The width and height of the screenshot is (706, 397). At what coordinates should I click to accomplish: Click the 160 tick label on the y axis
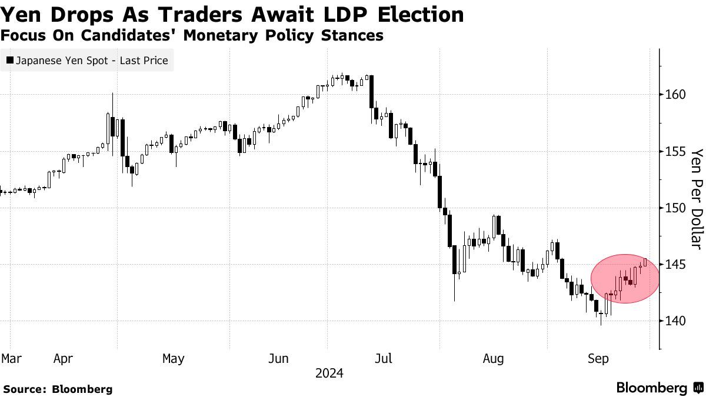[x=675, y=95]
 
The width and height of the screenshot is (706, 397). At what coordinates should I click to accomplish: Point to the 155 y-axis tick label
[x=675, y=151]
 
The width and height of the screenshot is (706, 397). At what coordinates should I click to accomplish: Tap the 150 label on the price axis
[x=675, y=208]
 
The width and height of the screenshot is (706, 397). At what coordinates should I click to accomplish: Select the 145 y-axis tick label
[x=675, y=264]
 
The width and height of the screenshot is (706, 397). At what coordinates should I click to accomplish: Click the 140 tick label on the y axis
[x=675, y=321]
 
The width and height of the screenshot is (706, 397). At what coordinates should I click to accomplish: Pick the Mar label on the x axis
[x=11, y=358]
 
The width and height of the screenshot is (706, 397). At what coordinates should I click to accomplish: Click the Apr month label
[x=64, y=358]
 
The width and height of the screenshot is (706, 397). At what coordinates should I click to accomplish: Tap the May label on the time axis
[x=173, y=358]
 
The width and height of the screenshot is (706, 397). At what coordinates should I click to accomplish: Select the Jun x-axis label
[x=278, y=358]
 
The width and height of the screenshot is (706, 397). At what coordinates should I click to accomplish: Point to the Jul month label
[x=384, y=358]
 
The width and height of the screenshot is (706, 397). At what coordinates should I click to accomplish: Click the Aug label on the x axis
[x=493, y=358]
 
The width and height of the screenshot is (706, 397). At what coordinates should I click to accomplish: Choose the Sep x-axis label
[x=598, y=358]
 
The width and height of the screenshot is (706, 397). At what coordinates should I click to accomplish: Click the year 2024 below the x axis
[x=329, y=373]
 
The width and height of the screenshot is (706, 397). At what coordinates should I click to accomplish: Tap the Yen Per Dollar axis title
[x=697, y=198]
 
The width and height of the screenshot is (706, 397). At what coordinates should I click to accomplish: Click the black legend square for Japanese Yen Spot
[x=10, y=61]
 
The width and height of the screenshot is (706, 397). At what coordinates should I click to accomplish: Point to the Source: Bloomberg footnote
[x=58, y=389]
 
